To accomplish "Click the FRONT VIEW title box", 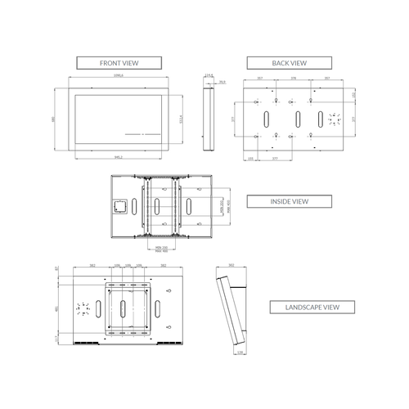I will coord(120,62).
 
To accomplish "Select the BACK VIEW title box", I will coord(289,62).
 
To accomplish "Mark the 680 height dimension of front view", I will coord(53,119).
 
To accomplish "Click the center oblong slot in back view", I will coord(297,119).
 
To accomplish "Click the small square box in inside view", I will coord(119,206).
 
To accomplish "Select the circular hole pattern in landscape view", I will coord(82,309).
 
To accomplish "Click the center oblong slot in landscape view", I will coord(123,309).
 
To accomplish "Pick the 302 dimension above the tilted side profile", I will coord(231,266).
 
